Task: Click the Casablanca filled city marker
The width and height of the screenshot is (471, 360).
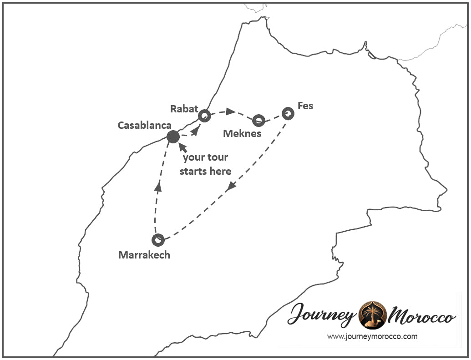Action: point(173,137)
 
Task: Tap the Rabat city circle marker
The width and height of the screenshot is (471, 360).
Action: point(204,116)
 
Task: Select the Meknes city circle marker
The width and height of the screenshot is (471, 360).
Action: point(258,120)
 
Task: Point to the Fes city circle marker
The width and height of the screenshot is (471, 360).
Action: point(288,113)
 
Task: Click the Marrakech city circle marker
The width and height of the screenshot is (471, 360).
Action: point(158,239)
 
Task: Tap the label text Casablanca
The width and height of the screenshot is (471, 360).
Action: point(144,125)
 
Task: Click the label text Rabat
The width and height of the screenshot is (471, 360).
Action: point(184,109)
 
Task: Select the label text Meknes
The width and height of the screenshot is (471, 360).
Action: point(242,133)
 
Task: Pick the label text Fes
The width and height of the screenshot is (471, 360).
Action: point(305,106)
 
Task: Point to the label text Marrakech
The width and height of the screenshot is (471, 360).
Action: point(144,255)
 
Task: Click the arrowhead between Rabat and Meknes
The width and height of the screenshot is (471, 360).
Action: point(231,112)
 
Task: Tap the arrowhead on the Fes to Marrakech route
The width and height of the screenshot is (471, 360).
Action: point(232,186)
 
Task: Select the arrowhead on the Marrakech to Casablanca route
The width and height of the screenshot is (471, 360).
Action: point(158,186)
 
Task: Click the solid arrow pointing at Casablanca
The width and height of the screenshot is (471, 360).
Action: point(182,147)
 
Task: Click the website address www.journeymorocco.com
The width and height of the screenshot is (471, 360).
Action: point(372,337)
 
